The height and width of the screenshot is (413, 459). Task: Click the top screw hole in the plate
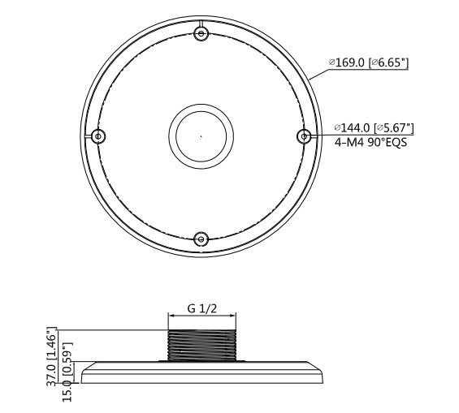click(x=201, y=33)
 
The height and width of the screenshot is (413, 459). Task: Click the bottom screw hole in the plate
click(x=201, y=239)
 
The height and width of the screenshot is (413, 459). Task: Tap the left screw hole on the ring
click(x=98, y=136)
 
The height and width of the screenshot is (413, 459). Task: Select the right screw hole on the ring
click(x=304, y=136)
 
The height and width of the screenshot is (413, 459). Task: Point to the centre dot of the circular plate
click(x=201, y=136)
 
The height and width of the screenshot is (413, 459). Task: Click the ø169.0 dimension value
click(x=347, y=62)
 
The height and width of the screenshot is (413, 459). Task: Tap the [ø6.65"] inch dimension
click(x=389, y=62)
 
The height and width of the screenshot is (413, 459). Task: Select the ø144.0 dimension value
click(x=352, y=127)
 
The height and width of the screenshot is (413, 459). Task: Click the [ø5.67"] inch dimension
click(x=394, y=127)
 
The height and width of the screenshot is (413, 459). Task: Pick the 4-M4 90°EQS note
click(x=370, y=143)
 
